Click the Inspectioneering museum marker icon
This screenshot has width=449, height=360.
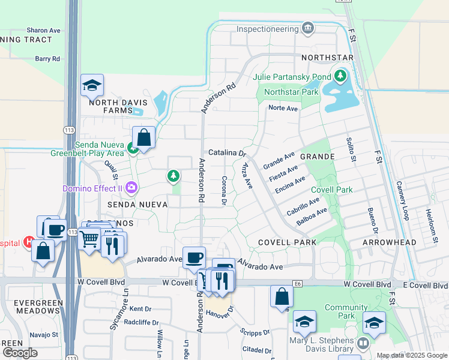pyautogui.click(x=308, y=28)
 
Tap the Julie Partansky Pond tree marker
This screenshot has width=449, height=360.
pyautogui.click(x=341, y=77)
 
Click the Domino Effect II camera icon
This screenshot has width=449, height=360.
pyautogui.click(x=131, y=188)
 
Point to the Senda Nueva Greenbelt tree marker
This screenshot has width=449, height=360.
pyautogui.click(x=131, y=148)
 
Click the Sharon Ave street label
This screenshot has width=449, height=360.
pyautogui.click(x=44, y=30)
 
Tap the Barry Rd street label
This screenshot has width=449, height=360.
pyautogui.click(x=47, y=59)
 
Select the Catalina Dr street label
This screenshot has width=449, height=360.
pyautogui.click(x=228, y=153)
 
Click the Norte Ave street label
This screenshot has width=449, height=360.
pyautogui.click(x=283, y=109)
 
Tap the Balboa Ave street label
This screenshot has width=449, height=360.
pyautogui.click(x=312, y=217)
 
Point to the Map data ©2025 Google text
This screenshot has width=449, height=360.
pyautogui.click(x=412, y=355)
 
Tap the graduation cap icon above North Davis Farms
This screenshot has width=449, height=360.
pyautogui.click(x=92, y=86)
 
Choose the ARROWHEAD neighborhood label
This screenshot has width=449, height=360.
pyautogui.click(x=390, y=242)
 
